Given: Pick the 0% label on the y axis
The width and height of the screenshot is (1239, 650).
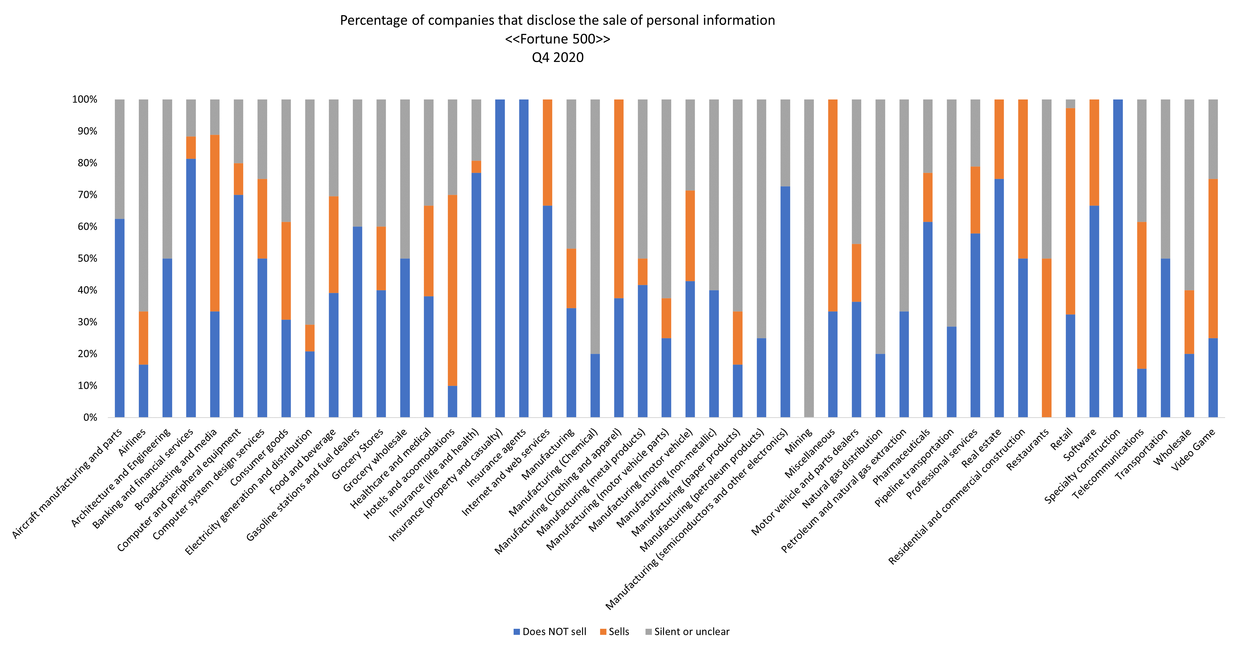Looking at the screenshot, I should pyautogui.click(x=90, y=417).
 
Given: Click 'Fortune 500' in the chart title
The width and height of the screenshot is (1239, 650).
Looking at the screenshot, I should pyautogui.click(x=557, y=39).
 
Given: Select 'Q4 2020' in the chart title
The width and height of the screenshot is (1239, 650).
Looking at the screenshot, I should pyautogui.click(x=557, y=57).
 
